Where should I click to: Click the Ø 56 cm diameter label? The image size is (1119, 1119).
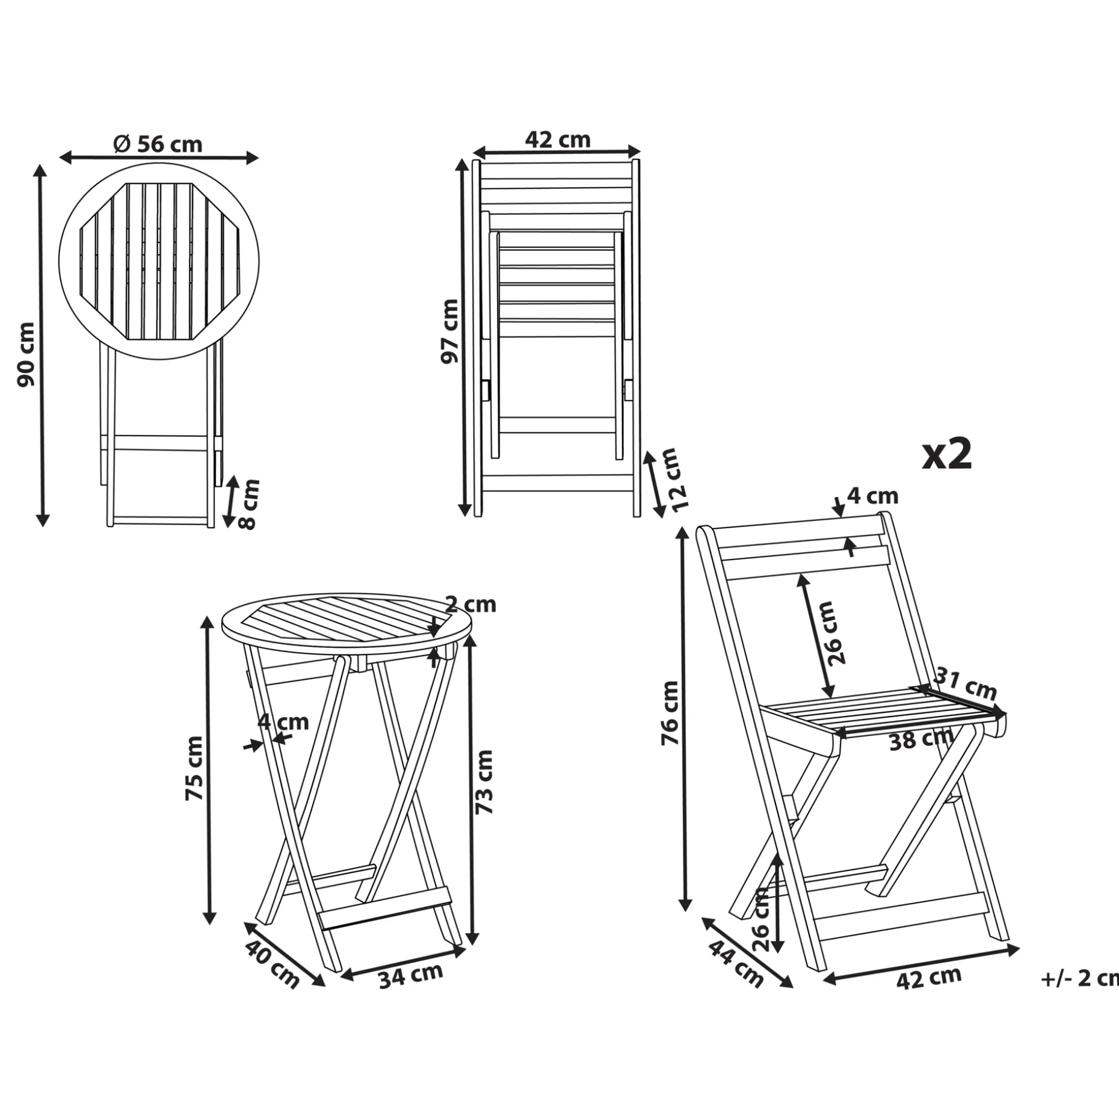click(x=158, y=144)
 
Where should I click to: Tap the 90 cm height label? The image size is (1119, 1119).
click(x=26, y=354)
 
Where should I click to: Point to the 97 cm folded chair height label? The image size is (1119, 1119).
click(x=449, y=331)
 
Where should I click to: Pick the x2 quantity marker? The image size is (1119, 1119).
click(x=948, y=454)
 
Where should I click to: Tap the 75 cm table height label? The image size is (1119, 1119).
click(x=194, y=768)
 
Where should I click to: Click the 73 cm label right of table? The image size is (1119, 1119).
click(x=484, y=783)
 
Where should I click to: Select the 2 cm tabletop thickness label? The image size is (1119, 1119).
click(x=470, y=604)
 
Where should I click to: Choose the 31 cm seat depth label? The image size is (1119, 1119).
click(x=965, y=685)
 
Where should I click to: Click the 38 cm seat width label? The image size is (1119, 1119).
click(x=921, y=739)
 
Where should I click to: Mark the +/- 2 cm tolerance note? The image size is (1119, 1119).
click(x=1080, y=979)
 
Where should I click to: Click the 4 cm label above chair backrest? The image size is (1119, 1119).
click(x=872, y=496)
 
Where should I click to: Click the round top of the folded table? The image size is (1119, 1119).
click(x=159, y=262)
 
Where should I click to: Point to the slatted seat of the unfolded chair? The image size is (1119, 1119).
click(x=884, y=710)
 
